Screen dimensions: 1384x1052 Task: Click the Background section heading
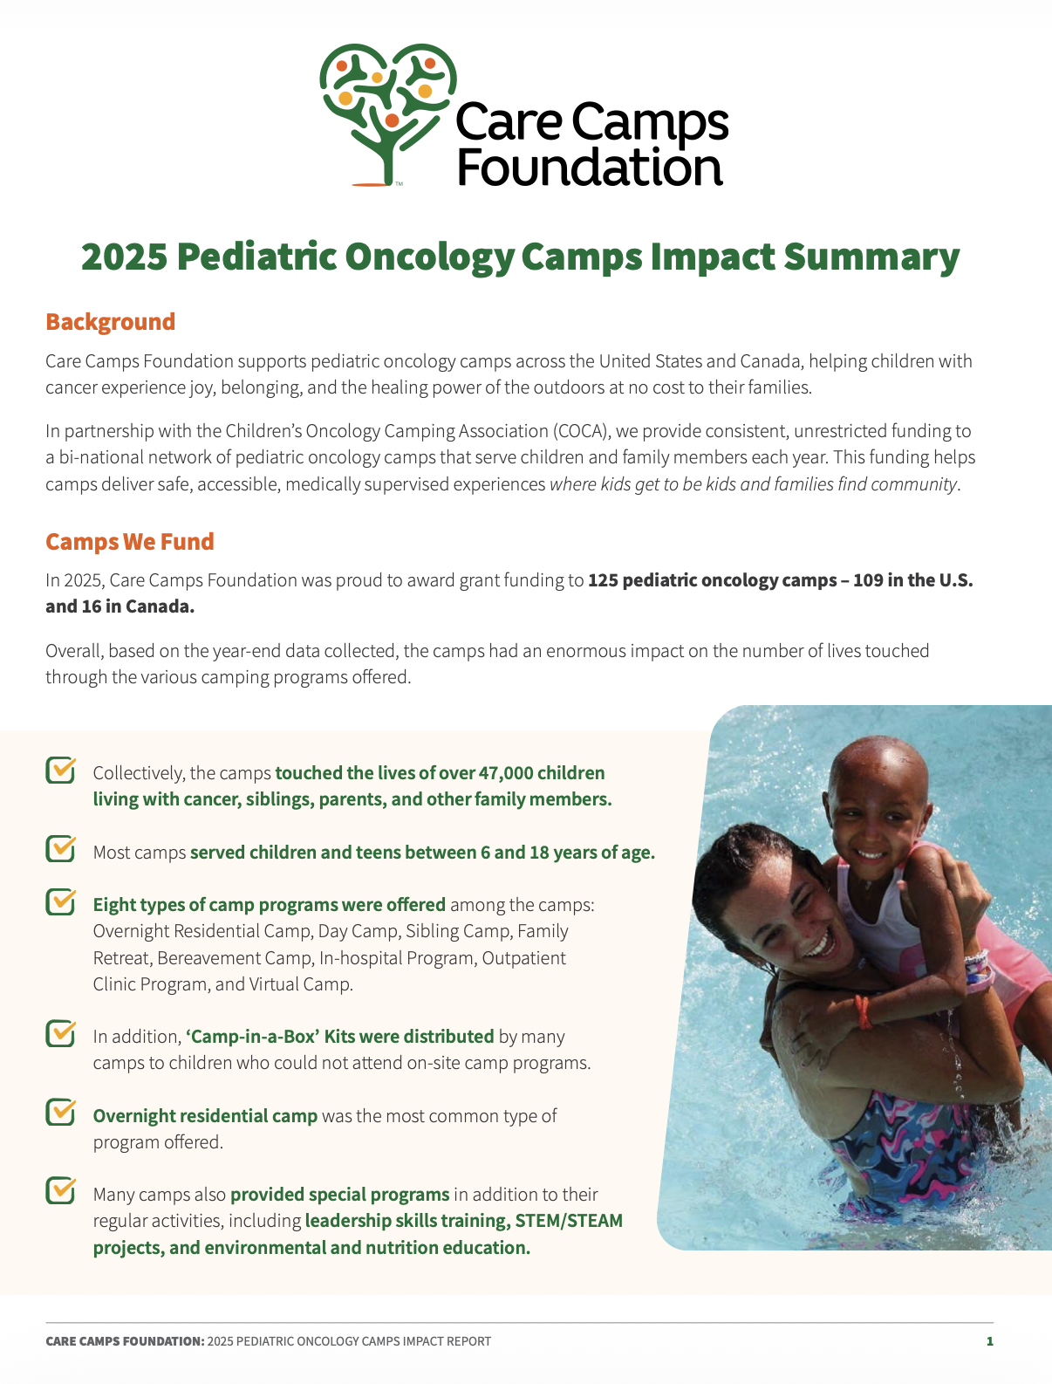[x=110, y=322]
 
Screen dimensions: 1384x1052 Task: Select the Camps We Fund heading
[x=129, y=542]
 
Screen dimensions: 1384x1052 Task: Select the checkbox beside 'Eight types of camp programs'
[x=60, y=902]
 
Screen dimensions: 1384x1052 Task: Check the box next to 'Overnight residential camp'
[x=60, y=1113]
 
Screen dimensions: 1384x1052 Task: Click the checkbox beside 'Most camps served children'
[x=60, y=849]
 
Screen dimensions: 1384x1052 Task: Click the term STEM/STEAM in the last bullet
[x=569, y=1221]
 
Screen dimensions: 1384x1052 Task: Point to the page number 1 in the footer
[x=989, y=1341]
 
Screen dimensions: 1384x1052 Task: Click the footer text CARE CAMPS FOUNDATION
[x=125, y=1341]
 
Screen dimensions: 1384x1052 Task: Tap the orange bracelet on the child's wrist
[x=863, y=1011]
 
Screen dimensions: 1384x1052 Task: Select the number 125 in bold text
[x=603, y=580]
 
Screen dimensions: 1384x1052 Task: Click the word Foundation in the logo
[x=590, y=168]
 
